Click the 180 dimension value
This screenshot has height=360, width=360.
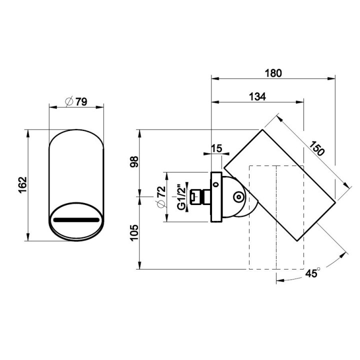point(273,73)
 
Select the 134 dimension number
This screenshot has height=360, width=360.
point(257,96)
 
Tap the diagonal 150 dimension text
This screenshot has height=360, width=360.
point(317,148)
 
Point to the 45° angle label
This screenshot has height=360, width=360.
point(312,273)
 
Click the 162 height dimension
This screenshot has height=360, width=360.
point(23,185)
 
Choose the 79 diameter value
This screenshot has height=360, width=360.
point(81,101)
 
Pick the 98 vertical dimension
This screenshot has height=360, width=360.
point(134,161)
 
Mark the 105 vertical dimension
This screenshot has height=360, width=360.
point(134,233)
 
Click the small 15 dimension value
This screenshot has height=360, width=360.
point(216,148)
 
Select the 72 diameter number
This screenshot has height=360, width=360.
point(161,191)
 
